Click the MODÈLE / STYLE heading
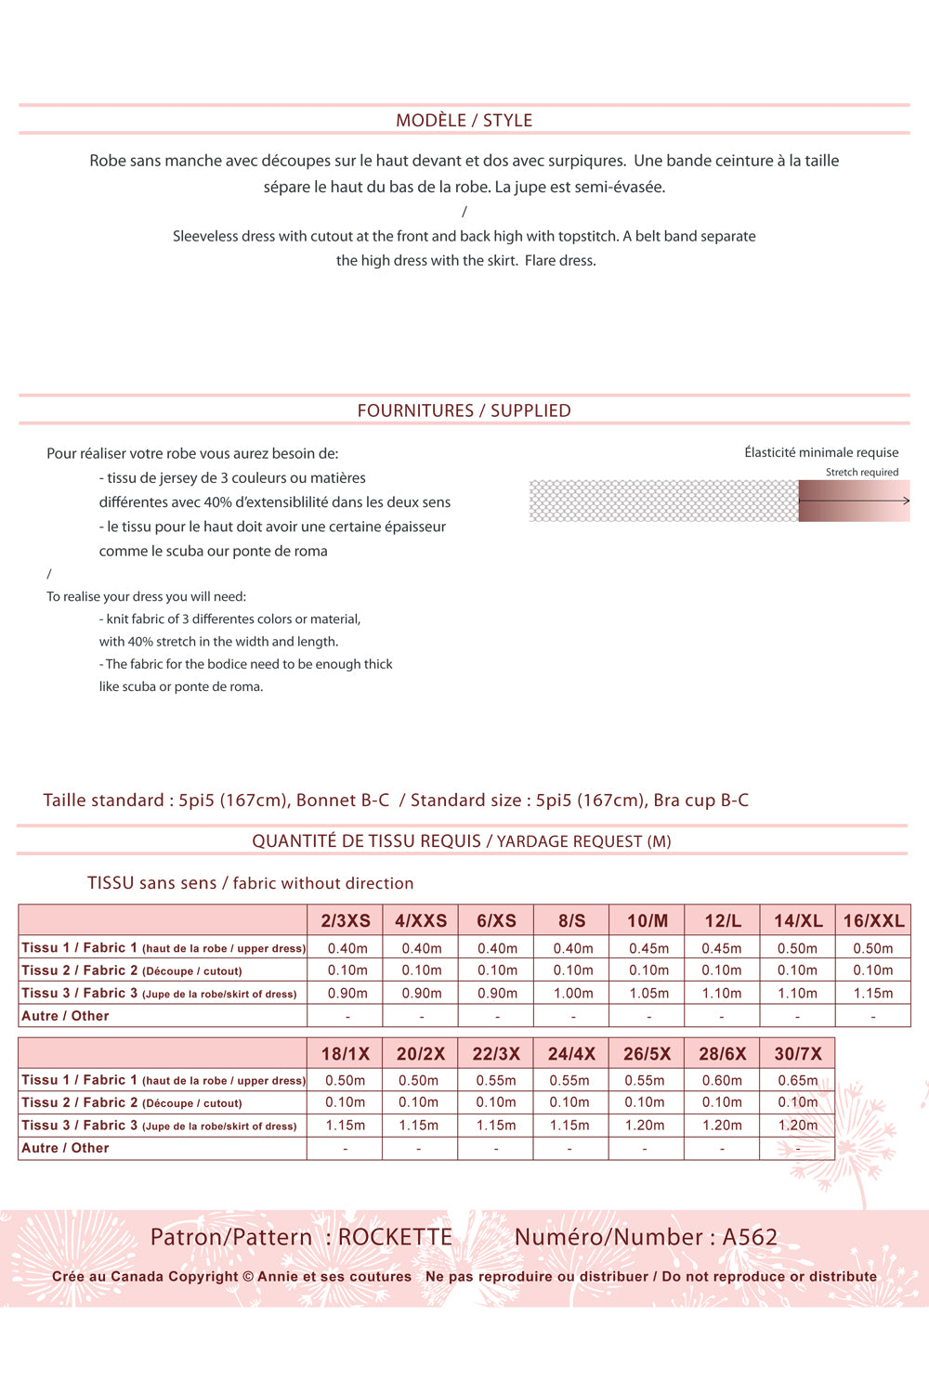(x=464, y=121)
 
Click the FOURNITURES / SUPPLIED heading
(x=464, y=410)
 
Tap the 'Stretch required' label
(x=861, y=473)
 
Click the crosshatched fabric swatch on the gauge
(x=663, y=501)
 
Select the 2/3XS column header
(x=346, y=920)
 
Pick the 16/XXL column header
(x=873, y=920)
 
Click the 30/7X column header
(x=798, y=1054)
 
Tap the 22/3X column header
(x=496, y=1054)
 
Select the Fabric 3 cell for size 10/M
(x=648, y=994)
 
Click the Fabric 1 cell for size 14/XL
(x=797, y=948)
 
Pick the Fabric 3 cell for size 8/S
(x=573, y=994)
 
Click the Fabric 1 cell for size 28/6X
(x=722, y=1081)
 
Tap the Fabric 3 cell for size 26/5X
(x=645, y=1126)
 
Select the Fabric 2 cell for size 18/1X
(x=345, y=1102)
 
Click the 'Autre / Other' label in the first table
(x=65, y=1016)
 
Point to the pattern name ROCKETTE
(x=395, y=1237)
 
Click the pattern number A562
(x=750, y=1237)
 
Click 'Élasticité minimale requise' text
(x=821, y=452)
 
